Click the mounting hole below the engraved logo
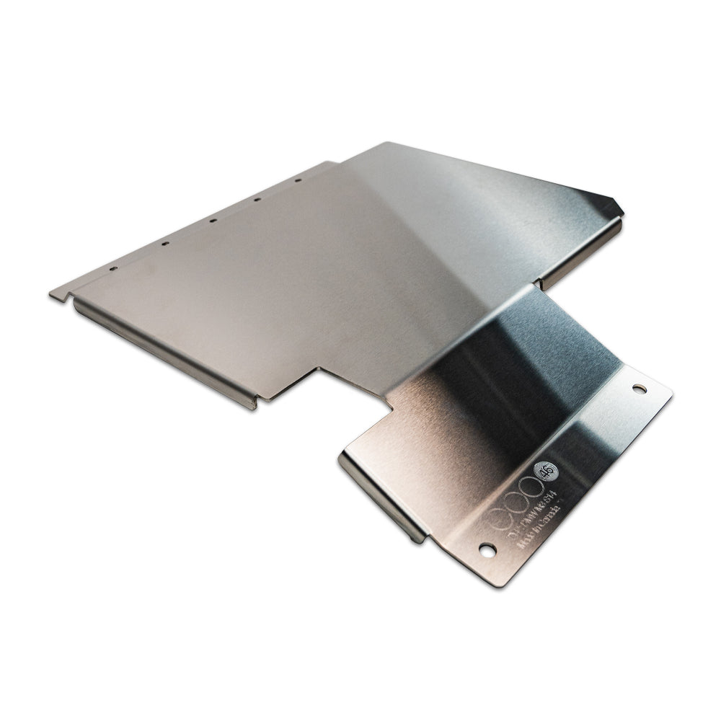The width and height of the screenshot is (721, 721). click(x=487, y=550)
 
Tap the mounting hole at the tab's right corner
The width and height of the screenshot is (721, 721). click(x=639, y=389)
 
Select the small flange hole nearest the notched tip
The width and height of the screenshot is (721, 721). click(x=113, y=268)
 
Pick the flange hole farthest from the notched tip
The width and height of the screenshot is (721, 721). click(x=297, y=180)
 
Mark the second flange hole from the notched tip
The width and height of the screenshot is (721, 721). click(x=165, y=244)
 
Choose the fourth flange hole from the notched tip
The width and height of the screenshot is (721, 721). click(x=256, y=199)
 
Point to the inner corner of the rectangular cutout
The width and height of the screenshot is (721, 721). click(x=319, y=370)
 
